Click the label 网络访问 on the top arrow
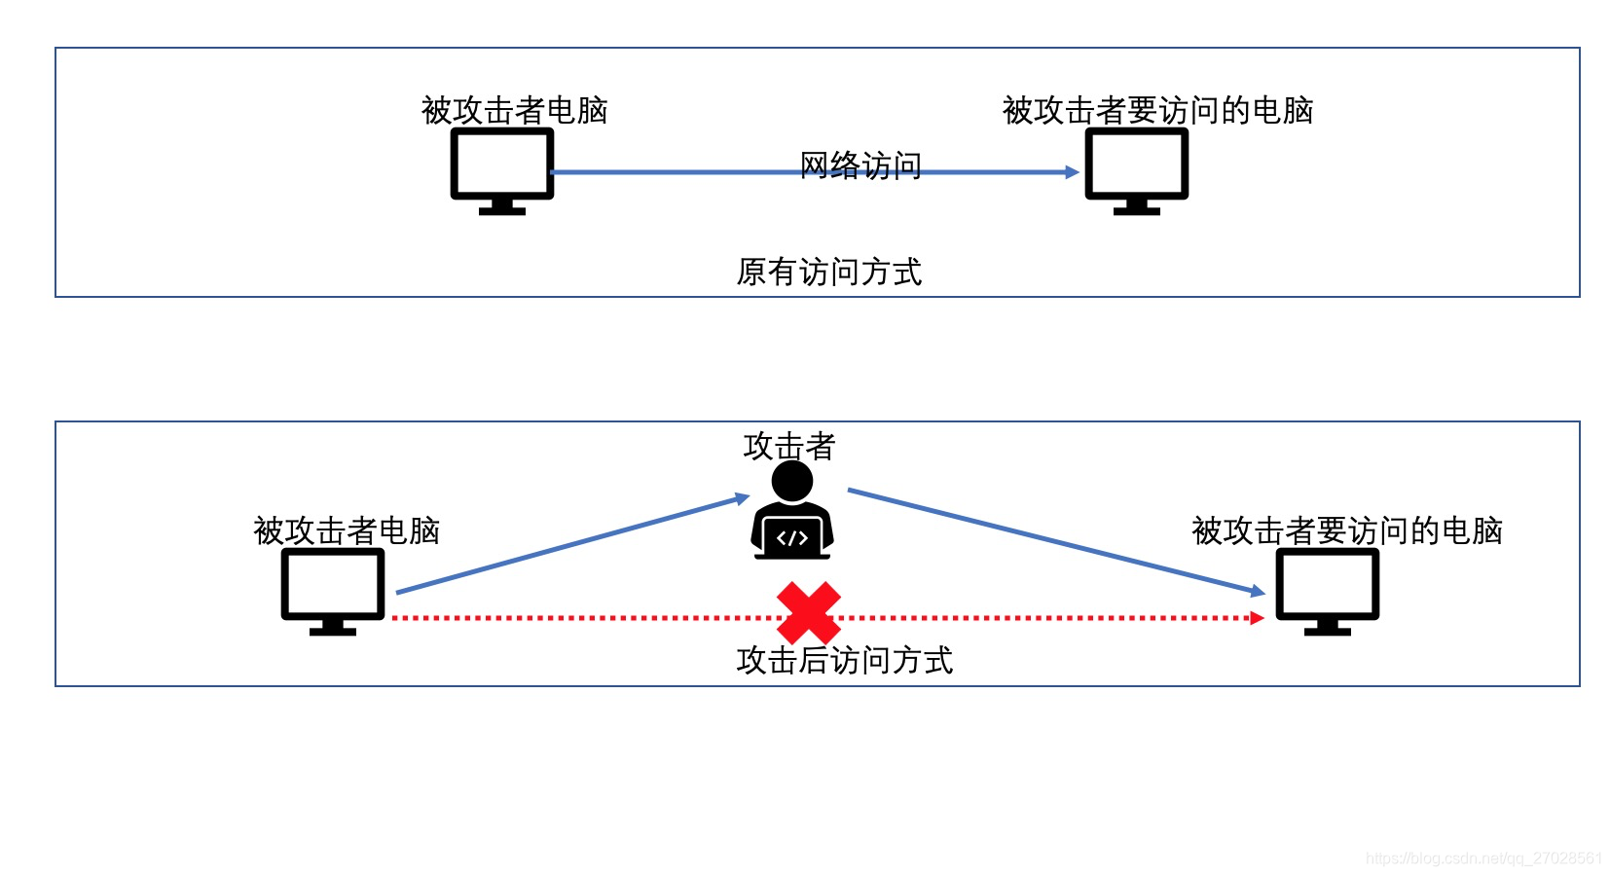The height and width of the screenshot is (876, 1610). [x=860, y=165]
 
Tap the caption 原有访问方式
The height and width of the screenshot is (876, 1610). [x=828, y=272]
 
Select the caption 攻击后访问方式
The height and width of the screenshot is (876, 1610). [x=844, y=660]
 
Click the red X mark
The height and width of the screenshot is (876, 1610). [x=808, y=612]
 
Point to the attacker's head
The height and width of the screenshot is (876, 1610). [x=791, y=481]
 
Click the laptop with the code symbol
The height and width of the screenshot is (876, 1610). [x=792, y=537]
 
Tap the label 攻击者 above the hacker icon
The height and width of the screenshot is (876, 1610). [x=789, y=446]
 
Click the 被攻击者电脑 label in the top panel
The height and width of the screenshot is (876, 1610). [x=514, y=110]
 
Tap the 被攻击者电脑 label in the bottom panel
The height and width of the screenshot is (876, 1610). [x=347, y=530]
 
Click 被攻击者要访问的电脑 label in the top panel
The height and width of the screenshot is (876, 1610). [x=1157, y=110]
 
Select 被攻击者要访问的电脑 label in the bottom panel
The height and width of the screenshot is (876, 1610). [x=1346, y=530]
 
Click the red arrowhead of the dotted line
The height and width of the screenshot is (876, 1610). [x=1257, y=617]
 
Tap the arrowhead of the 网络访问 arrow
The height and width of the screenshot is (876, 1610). [x=1072, y=172]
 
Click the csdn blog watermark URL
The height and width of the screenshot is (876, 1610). [x=1482, y=858]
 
